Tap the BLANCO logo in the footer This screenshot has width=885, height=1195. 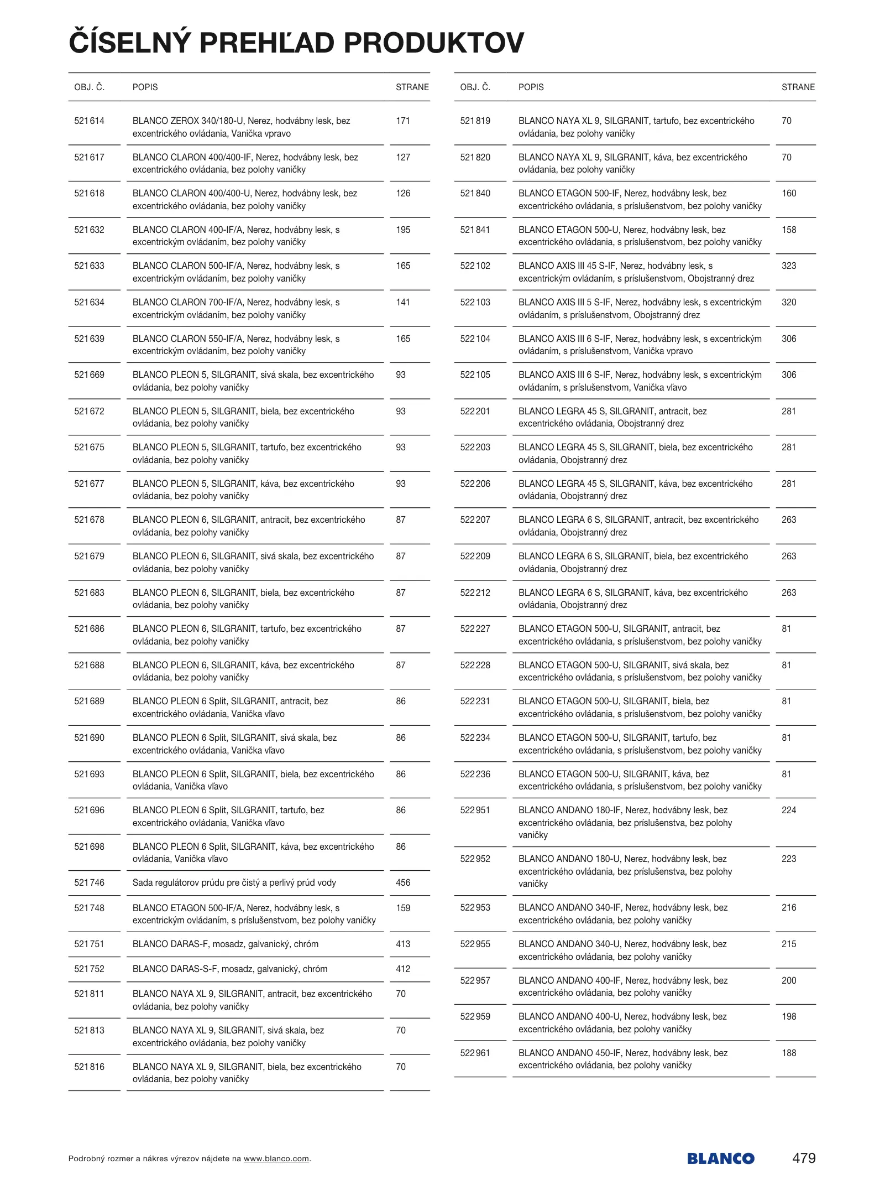coord(720,1158)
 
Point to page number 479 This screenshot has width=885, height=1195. coord(803,1158)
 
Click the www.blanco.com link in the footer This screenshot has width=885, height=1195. coord(276,1158)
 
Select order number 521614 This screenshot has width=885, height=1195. coord(89,121)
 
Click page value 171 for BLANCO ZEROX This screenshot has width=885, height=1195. coord(403,121)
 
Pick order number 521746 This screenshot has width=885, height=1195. coord(89,882)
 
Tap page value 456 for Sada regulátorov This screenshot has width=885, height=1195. coord(403,882)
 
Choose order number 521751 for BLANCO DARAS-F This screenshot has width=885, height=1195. coord(89,944)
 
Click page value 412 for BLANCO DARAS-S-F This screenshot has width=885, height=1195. coord(403,969)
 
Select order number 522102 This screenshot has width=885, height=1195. coord(475,266)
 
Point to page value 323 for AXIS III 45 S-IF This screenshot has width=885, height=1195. coord(789,266)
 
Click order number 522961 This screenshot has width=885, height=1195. coord(475,1053)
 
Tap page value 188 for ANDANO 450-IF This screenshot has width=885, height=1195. coord(789,1053)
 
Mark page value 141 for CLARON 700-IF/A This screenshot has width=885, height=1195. coord(403,303)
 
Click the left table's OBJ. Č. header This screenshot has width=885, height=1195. coord(89,87)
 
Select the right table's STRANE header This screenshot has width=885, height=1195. coord(798,87)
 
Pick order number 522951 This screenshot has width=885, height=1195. coord(475,810)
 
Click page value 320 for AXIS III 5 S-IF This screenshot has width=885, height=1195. coord(789,303)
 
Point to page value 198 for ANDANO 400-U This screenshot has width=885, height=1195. coord(789,1016)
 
